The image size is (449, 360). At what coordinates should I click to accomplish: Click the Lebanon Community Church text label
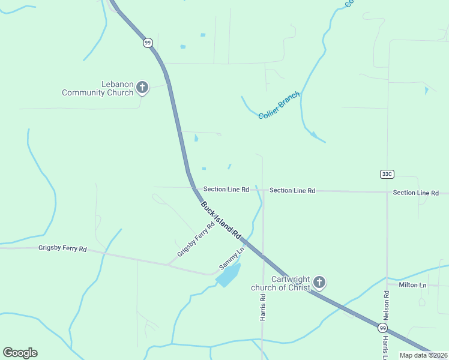coord(97,88)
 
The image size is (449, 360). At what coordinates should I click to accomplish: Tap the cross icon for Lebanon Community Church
coord(142,88)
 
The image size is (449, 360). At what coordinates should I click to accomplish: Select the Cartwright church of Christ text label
coord(280,283)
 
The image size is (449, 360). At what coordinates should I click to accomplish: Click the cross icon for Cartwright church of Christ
coord(319,282)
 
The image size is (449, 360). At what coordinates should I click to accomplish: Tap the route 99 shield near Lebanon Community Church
coord(148,43)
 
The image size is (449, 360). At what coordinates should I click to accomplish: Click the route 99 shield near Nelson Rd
coord(382,328)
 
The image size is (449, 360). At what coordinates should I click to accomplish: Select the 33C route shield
coord(387,174)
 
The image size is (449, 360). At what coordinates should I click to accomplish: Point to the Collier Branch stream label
coord(279,106)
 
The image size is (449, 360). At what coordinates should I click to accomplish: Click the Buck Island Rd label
coord(220,219)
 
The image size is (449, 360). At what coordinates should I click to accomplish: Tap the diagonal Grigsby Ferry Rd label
coord(196,241)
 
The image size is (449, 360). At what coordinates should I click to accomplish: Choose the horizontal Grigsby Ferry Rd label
coord(62,248)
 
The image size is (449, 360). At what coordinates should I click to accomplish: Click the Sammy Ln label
coord(232,258)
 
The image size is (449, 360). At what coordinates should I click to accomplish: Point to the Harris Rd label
coord(263,307)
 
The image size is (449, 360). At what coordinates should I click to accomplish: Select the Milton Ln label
coord(412,284)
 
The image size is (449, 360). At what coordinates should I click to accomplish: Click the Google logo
coord(20,353)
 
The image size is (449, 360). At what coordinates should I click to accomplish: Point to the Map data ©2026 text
coord(424,355)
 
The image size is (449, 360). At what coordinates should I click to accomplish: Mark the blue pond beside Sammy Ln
coord(228,275)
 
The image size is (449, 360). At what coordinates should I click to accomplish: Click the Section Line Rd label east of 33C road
coord(416,193)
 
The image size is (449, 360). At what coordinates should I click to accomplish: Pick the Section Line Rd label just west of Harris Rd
coord(226,189)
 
